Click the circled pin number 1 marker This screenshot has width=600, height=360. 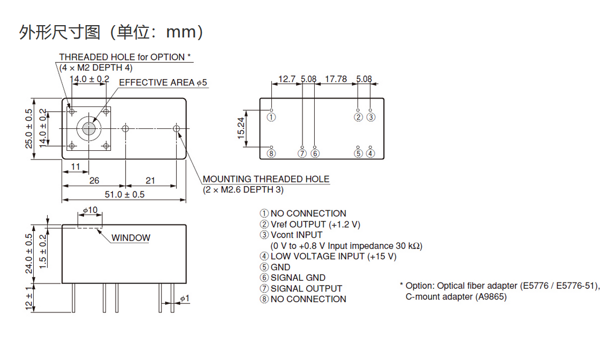coord(271,117)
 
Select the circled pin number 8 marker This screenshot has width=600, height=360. coord(271,154)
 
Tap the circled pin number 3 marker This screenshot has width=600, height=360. coord(371,117)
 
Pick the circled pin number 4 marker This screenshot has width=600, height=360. coord(371,154)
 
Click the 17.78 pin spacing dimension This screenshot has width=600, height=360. coord(336,79)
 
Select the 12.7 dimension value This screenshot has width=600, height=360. coord(287,79)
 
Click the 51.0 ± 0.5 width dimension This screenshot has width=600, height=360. coord(124,194)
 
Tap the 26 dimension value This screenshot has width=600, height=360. coord(94,181)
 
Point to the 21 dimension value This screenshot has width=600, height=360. coord(150,181)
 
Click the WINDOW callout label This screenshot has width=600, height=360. coord(131,238)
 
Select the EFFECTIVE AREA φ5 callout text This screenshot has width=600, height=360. coord(163,82)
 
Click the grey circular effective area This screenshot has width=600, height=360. coord(88,128)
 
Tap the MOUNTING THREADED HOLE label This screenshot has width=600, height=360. coord(266,179)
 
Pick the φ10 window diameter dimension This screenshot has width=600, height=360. coord(90,210)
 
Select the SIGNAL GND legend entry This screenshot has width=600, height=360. coord(298,278)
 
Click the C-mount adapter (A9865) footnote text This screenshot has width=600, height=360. coord(455,296)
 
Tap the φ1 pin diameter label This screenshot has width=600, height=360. coord(185,298)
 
